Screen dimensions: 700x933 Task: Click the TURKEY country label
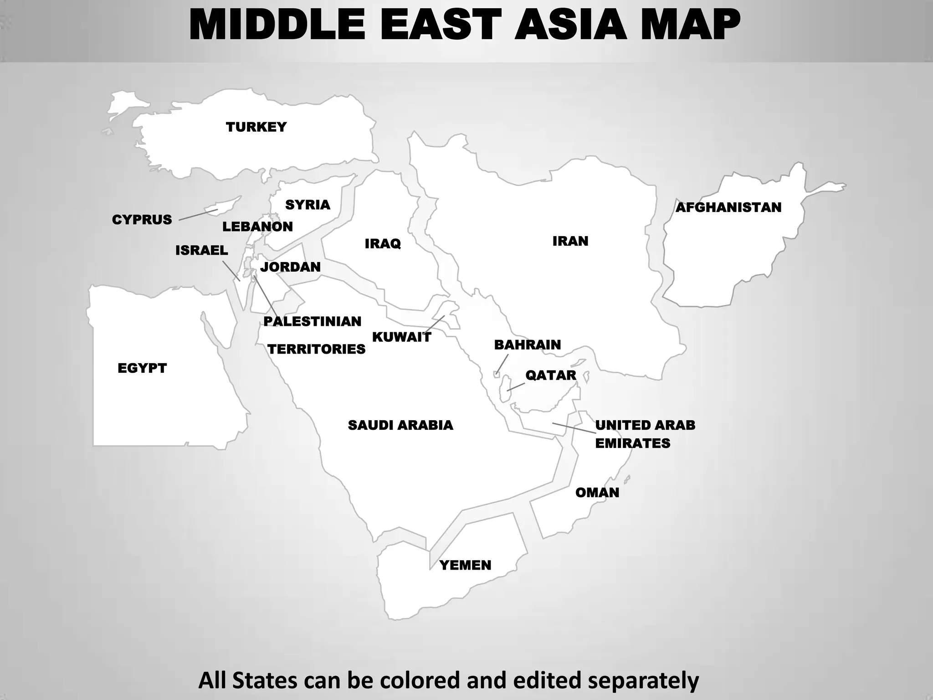pos(256,127)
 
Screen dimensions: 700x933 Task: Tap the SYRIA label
pos(308,205)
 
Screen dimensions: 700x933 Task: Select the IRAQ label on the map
pos(383,243)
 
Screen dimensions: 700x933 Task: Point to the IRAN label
pos(570,241)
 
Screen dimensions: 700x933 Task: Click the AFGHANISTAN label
pos(728,207)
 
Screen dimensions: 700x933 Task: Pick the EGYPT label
pos(142,368)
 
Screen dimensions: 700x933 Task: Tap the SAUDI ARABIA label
pos(400,425)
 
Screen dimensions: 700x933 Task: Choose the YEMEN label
pos(465,565)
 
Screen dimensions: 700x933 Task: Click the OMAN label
pos(597,492)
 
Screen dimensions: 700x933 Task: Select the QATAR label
pos(551,375)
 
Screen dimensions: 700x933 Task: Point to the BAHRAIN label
pos(528,345)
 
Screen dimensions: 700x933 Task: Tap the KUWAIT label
pos(401,337)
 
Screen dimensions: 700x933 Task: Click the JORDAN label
pos(290,267)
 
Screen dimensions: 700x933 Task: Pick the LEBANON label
pos(257,226)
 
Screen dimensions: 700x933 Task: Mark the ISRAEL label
pos(202,250)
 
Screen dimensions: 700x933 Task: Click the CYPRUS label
pos(142,220)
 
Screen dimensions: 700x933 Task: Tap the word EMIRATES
pos(633,443)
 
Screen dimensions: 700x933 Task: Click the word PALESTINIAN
pos(312,321)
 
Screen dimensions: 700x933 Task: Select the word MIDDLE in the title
pos(277,26)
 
